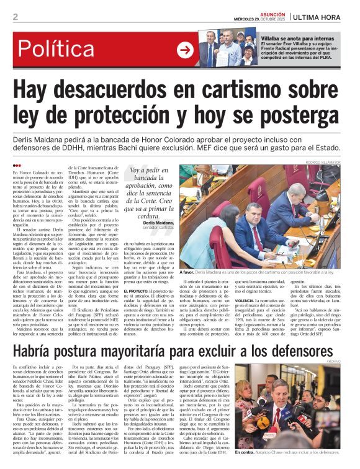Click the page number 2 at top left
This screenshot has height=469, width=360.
coord(15,17)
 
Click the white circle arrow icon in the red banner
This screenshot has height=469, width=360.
coord(184,50)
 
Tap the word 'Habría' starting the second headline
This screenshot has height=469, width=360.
coord(37,352)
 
